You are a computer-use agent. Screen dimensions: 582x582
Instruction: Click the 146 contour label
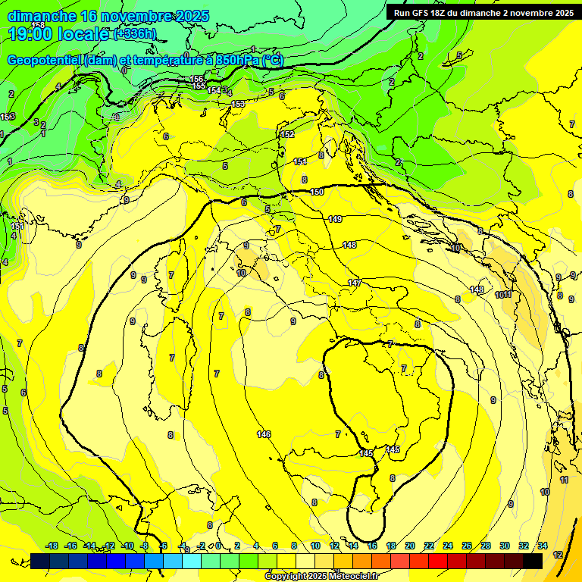(x=264, y=434)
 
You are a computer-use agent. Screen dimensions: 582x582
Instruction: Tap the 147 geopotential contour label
(x=354, y=283)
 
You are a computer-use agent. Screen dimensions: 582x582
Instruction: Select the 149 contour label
(x=335, y=219)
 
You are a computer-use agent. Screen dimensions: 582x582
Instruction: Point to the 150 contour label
(x=317, y=192)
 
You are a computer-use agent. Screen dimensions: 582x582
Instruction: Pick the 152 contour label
(x=287, y=134)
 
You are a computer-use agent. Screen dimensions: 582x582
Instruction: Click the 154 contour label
(x=214, y=90)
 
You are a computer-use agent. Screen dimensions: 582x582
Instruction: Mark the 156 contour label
(x=197, y=80)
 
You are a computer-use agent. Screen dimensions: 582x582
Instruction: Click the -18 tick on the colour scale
(x=52, y=546)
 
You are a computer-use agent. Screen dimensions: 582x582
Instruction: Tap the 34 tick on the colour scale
(x=543, y=546)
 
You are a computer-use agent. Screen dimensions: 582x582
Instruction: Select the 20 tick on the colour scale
(x=409, y=546)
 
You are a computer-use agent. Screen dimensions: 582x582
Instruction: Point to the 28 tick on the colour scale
(x=486, y=546)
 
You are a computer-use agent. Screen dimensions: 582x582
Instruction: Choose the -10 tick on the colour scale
(x=128, y=546)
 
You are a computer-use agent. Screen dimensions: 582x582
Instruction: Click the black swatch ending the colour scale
(x=532, y=561)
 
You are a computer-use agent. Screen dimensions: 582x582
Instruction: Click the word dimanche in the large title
(x=42, y=16)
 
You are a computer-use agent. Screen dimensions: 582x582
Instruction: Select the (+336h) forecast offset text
(x=135, y=34)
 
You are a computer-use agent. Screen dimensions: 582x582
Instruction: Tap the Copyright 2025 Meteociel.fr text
(x=321, y=577)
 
